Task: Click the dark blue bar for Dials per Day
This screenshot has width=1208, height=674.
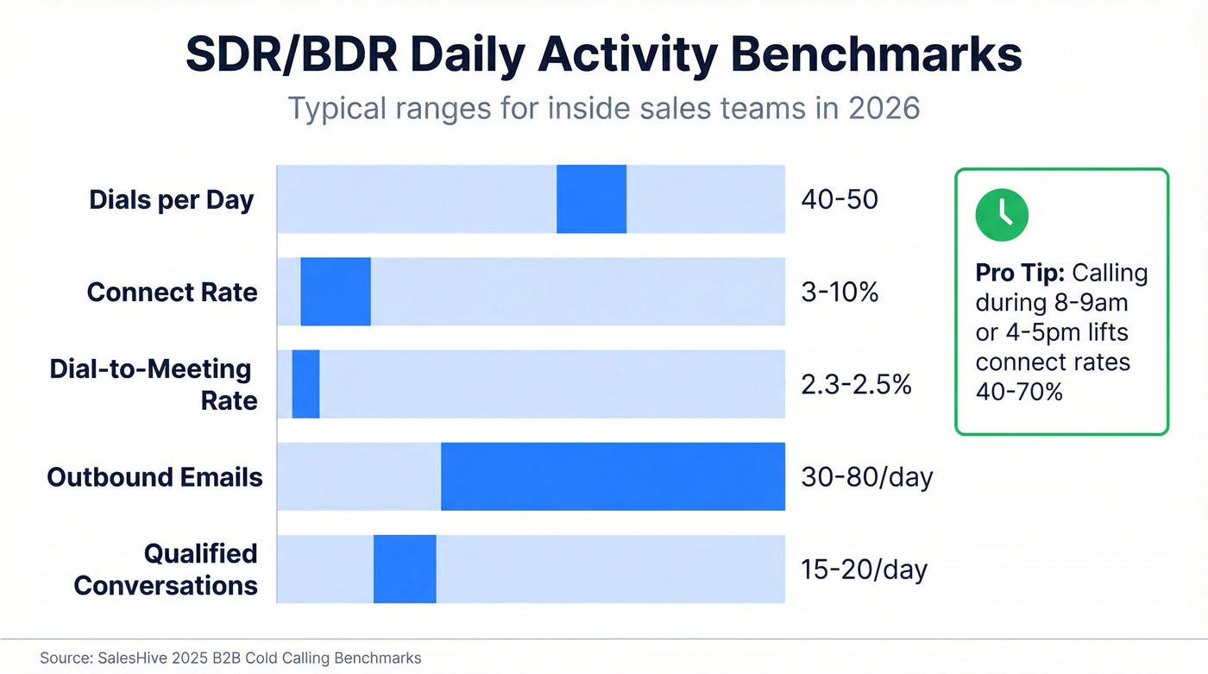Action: [x=591, y=199]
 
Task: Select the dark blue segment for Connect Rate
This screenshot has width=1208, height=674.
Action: [x=336, y=292]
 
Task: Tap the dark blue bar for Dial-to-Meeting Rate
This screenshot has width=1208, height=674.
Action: [x=306, y=384]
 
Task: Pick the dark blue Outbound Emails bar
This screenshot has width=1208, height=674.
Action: [x=613, y=476]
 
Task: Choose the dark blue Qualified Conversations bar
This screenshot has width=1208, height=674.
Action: [x=405, y=569]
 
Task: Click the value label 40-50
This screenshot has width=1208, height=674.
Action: [x=840, y=199]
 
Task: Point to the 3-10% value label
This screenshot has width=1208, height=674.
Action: [x=840, y=292]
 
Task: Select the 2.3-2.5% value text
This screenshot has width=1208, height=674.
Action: [x=856, y=384]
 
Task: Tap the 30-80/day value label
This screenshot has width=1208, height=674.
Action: [x=866, y=476]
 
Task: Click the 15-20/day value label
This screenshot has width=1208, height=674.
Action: [x=864, y=569]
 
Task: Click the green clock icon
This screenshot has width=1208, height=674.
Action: [x=1002, y=216]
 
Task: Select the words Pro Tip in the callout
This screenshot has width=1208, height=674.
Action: [x=1020, y=274]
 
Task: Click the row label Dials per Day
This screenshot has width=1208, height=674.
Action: [x=172, y=200]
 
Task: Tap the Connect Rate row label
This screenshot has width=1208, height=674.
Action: [x=172, y=293]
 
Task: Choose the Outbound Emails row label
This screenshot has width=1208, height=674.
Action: [x=154, y=477]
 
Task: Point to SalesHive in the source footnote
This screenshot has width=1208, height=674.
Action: [x=123, y=658]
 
